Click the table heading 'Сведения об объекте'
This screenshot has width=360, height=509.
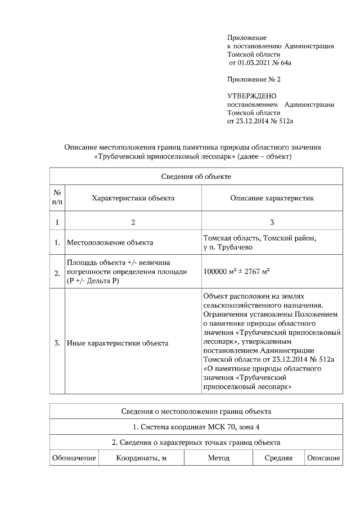[196, 176]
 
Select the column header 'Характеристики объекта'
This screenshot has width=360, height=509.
[133, 198]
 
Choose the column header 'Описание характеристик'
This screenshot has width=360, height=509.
[272, 198]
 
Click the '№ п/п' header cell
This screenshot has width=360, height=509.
[57, 197]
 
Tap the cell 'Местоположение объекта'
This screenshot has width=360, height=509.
[110, 243]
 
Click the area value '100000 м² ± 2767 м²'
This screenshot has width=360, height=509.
[237, 272]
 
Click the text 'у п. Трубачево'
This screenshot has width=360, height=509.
[228, 247]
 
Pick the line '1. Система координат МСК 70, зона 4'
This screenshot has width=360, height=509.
[196, 426]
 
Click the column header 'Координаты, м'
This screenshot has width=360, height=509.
[141, 458]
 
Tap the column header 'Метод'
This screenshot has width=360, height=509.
[218, 458]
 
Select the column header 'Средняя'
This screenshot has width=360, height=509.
[278, 458]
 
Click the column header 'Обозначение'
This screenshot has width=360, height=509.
[74, 458]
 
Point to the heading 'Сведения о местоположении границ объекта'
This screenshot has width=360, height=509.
[196, 411]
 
